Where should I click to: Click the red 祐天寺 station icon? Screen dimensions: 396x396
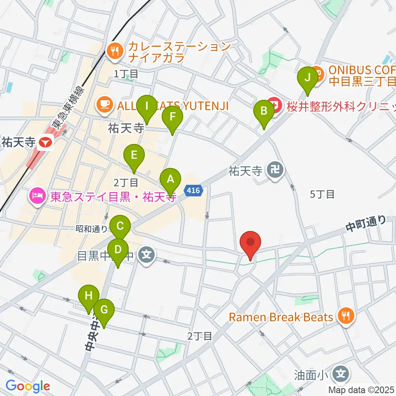[45, 143]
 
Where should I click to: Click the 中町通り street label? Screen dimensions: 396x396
[366, 223]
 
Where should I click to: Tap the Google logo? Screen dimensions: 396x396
[28, 386]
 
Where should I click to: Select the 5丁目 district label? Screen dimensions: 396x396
[322, 194]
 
